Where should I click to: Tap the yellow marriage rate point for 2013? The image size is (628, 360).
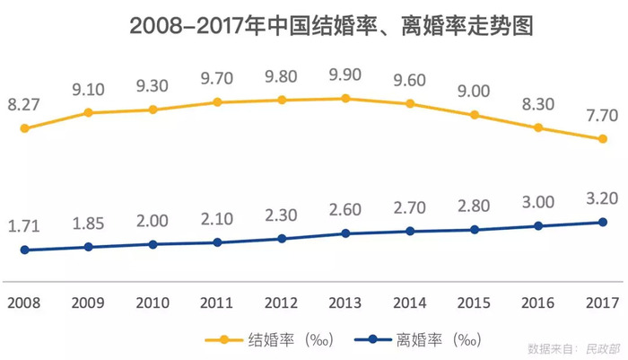[x=345, y=98]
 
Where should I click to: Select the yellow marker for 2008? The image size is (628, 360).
[x=25, y=128]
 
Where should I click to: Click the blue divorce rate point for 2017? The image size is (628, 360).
[x=603, y=222]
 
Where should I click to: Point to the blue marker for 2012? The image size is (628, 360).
[x=282, y=239]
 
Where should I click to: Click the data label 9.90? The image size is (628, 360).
[x=345, y=72]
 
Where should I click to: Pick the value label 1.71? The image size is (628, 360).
[x=24, y=224]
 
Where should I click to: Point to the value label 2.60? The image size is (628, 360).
[x=345, y=209]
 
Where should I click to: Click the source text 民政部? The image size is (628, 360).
[x=602, y=347]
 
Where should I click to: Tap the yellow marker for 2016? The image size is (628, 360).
[x=538, y=127]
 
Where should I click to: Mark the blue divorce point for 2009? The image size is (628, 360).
[x=89, y=246]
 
